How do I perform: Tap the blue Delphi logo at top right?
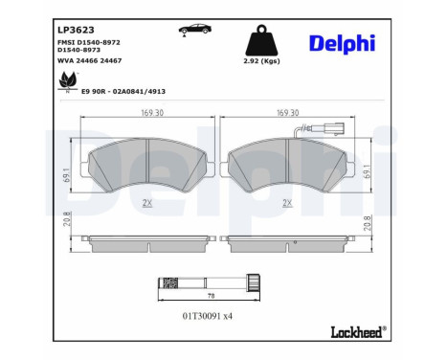[342, 43]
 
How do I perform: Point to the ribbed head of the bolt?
[254, 283]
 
